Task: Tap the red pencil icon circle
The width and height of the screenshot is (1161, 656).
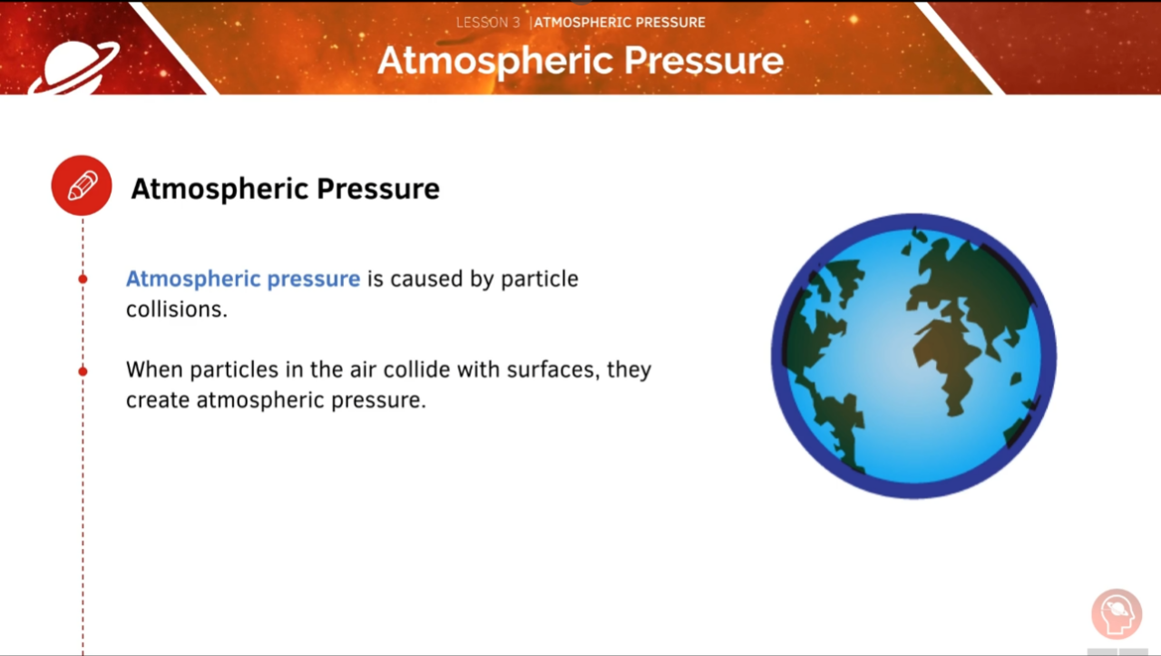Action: click(82, 186)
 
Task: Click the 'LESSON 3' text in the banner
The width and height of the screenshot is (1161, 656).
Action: click(487, 23)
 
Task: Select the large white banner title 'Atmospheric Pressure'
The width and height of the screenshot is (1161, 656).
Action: click(580, 61)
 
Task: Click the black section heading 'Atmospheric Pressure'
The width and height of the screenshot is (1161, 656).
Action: click(285, 189)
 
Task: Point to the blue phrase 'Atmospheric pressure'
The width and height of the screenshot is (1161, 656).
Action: click(243, 279)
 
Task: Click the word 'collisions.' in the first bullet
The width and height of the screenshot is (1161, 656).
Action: click(176, 308)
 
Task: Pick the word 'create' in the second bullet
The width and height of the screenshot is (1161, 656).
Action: click(158, 400)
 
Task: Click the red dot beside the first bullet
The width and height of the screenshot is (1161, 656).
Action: click(83, 279)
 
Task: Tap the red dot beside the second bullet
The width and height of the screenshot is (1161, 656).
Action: click(83, 371)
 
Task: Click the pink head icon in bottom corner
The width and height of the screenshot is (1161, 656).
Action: click(1116, 614)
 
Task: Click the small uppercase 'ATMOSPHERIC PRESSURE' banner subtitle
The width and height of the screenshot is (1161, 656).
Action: click(620, 23)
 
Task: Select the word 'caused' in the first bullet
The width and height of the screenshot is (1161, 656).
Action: click(427, 279)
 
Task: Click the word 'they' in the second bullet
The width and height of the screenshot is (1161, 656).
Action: click(629, 370)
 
